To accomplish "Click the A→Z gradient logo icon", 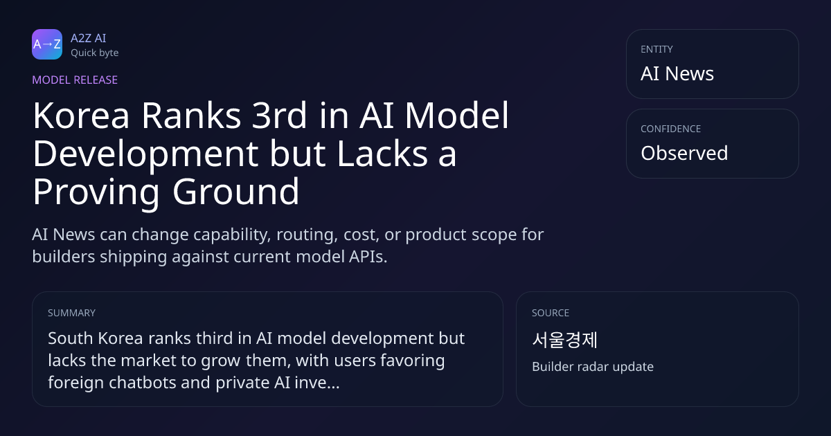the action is click(47, 44).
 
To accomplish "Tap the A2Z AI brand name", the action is click(89, 38).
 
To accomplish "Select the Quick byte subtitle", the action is click(95, 53).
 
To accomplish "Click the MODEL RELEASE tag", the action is click(75, 80).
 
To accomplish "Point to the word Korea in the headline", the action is click(81, 116).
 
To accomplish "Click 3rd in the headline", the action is click(279, 116).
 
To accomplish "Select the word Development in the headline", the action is click(145, 154).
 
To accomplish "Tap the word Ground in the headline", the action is click(235, 192).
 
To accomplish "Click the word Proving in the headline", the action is click(96, 193).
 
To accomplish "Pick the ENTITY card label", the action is click(656, 49).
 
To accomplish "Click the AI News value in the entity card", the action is click(677, 73).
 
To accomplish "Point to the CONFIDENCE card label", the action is click(671, 129).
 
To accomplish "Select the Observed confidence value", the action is click(684, 153).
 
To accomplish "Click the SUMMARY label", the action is click(71, 313).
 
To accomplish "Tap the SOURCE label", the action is click(551, 313).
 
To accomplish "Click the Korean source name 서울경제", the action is click(564, 340).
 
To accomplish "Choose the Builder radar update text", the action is click(593, 367).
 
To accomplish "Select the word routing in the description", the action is click(307, 235).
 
